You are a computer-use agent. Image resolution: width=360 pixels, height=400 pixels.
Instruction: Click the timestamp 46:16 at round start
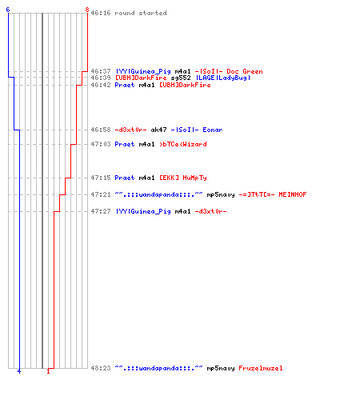[101, 13]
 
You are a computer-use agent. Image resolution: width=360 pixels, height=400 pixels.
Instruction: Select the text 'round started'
[141, 13]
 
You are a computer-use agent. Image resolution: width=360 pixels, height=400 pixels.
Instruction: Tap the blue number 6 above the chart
[8, 10]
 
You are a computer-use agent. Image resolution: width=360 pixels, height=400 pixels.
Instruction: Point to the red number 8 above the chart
[87, 10]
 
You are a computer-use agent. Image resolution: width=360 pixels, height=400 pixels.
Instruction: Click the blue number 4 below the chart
[19, 371]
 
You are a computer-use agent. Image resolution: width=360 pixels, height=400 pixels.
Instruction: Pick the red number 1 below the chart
[48, 371]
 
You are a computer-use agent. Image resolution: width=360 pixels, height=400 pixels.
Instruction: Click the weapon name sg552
[181, 78]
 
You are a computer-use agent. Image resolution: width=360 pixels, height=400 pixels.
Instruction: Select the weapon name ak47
[158, 130]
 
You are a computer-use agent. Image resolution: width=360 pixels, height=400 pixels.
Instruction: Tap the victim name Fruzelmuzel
[261, 368]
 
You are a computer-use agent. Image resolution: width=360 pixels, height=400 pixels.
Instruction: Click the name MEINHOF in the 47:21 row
[293, 194]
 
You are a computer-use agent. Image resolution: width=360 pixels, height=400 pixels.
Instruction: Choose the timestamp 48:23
[101, 368]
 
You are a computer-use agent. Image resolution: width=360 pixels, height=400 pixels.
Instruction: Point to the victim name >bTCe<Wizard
[183, 144]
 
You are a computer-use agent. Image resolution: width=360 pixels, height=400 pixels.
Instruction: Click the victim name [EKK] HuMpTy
[183, 178]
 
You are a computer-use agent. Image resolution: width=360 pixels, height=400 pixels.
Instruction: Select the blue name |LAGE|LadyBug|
[223, 78]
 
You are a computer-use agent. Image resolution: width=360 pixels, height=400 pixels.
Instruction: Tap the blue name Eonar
[213, 130]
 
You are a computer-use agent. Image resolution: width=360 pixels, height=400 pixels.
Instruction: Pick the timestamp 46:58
[101, 130]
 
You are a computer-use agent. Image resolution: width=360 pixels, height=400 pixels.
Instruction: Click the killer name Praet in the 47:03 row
[125, 144]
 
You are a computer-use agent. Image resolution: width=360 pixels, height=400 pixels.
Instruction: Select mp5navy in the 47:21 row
[221, 195]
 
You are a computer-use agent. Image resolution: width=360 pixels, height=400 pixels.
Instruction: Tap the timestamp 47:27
[101, 211]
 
